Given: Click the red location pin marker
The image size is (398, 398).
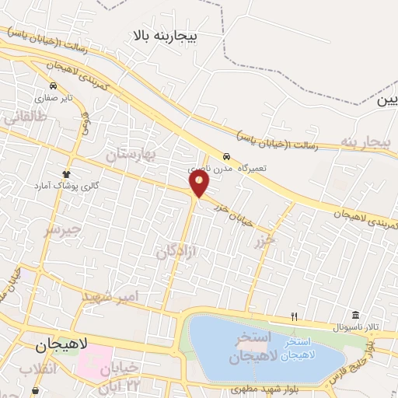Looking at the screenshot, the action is [200, 183].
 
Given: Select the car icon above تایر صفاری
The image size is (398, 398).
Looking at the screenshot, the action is [53, 86].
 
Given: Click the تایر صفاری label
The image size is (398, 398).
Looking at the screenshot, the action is [57, 98].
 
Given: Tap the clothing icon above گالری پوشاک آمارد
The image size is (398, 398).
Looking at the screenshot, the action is [67, 174].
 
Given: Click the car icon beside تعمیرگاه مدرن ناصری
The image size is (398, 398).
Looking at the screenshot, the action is [225, 155].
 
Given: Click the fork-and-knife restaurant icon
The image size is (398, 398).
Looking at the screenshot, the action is [294, 316].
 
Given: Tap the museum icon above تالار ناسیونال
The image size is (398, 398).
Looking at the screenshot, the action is [355, 314].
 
